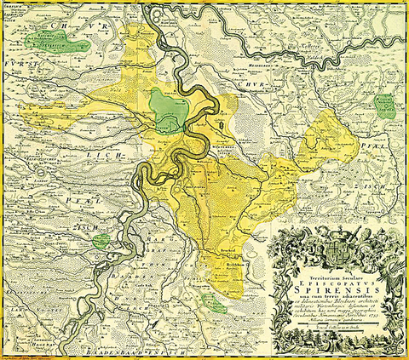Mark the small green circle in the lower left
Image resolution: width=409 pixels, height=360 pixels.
(x=101, y=241)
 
